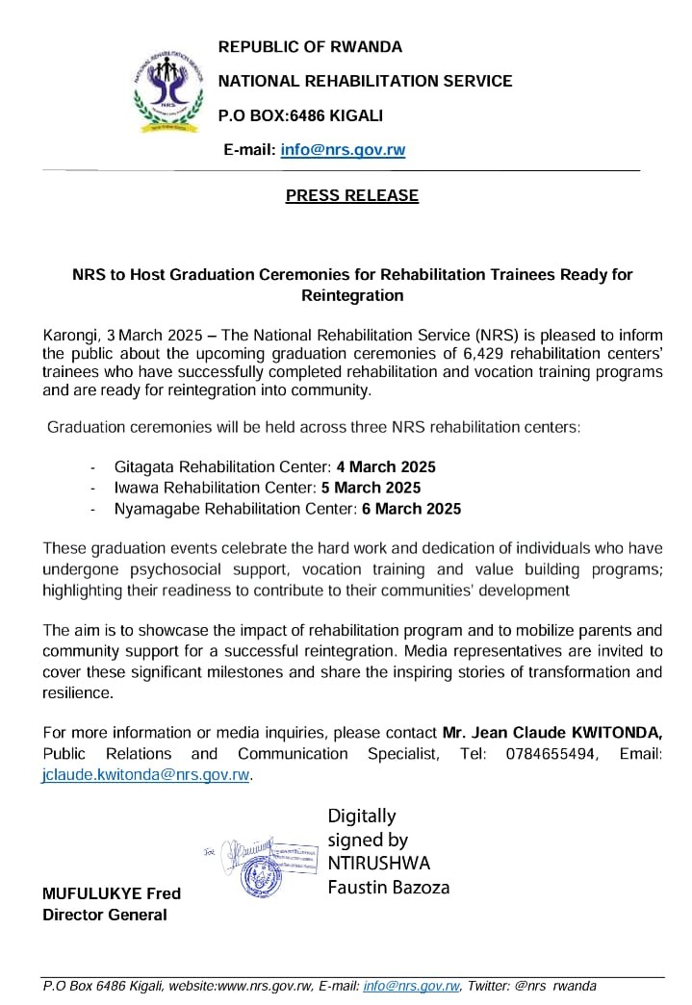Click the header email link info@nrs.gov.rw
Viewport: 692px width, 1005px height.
click(343, 149)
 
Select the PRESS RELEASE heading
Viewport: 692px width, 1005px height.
click(352, 195)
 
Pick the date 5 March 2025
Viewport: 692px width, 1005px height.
click(371, 488)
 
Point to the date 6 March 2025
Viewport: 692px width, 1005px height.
click(411, 509)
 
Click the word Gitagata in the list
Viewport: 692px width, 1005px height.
click(143, 466)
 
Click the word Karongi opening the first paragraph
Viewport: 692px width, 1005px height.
click(71, 335)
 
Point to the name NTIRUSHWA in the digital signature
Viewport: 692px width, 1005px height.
click(379, 863)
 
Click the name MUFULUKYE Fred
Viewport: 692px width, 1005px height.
click(112, 893)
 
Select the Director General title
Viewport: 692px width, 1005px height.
click(105, 914)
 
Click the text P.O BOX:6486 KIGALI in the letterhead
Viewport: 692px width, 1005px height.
click(300, 115)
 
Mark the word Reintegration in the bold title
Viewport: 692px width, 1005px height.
click(352, 295)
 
